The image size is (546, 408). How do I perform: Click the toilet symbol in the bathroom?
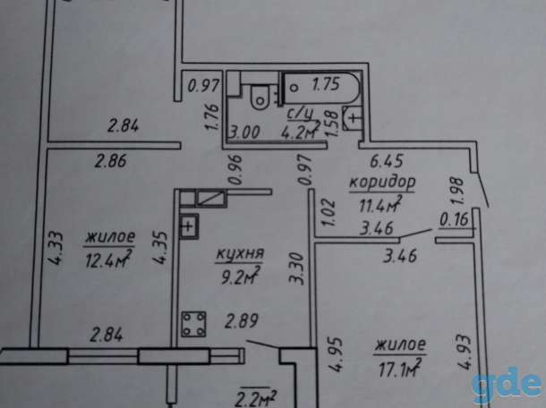pos(260,98)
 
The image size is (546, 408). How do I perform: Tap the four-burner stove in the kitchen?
pos(193,325)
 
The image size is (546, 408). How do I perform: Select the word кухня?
pos(240,254)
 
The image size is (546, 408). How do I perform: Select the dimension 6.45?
pos(387,161)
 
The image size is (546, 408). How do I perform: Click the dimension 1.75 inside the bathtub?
pos(326,84)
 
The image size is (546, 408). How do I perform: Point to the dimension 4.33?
pos(56,249)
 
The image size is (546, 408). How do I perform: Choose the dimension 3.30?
pos(297,269)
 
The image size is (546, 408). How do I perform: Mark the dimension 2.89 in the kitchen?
pos(242,321)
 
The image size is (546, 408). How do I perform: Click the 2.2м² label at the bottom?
pos(256,398)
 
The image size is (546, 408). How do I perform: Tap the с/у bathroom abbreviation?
pos(301,114)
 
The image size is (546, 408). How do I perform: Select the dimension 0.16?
pos(455,220)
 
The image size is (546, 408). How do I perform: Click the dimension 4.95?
pos(336,354)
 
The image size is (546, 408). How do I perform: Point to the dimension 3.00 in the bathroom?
pos(244,132)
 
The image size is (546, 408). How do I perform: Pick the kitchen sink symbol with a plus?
pos(189,226)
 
